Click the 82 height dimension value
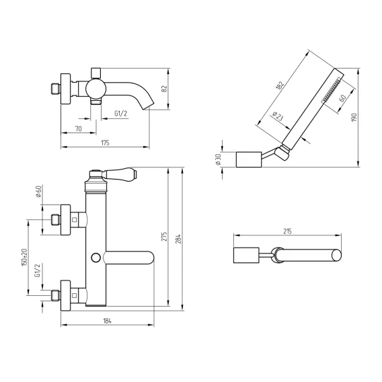(165, 89)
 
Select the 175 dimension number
(105, 143)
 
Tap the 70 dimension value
(79, 128)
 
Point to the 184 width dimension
(107, 321)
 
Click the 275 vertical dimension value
(165, 237)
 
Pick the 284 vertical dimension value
(179, 239)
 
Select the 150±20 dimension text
(24, 257)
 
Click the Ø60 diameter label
(38, 192)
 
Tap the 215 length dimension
(287, 231)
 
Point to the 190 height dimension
(354, 118)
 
